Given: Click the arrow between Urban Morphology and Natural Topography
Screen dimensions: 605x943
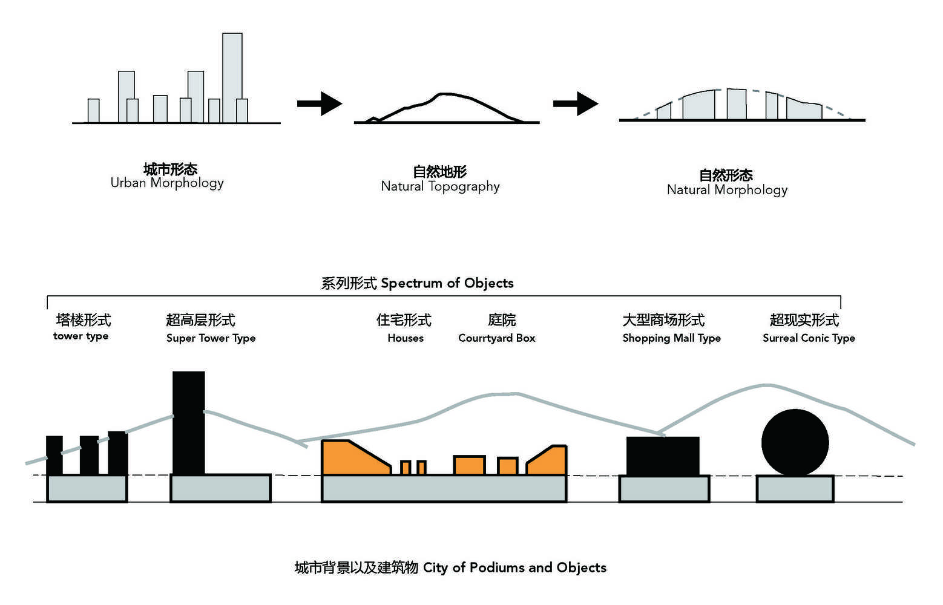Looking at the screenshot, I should (x=320, y=103).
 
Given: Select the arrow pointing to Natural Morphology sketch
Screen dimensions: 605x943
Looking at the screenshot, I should (x=576, y=103).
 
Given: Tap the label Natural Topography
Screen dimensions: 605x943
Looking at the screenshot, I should (x=440, y=186).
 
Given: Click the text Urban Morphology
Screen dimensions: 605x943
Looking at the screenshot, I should (x=167, y=183).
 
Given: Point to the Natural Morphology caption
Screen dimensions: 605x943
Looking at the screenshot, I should (x=727, y=190).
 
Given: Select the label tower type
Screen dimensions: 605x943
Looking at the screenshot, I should (x=80, y=336).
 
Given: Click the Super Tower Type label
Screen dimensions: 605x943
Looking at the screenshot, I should (x=211, y=338).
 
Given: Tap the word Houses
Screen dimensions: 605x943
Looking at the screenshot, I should (x=406, y=338).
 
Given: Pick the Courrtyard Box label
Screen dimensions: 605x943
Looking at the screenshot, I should (x=496, y=338).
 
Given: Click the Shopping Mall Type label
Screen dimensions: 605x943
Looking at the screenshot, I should (x=671, y=338).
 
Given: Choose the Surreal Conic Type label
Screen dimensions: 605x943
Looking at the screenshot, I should (x=809, y=338).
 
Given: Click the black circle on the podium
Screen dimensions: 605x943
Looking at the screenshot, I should (x=795, y=443).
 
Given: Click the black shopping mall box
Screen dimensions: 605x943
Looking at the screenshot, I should (x=663, y=456).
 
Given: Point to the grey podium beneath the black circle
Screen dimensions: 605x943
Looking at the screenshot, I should (x=795, y=489).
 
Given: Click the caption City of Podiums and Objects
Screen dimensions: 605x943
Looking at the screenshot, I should (x=450, y=567).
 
